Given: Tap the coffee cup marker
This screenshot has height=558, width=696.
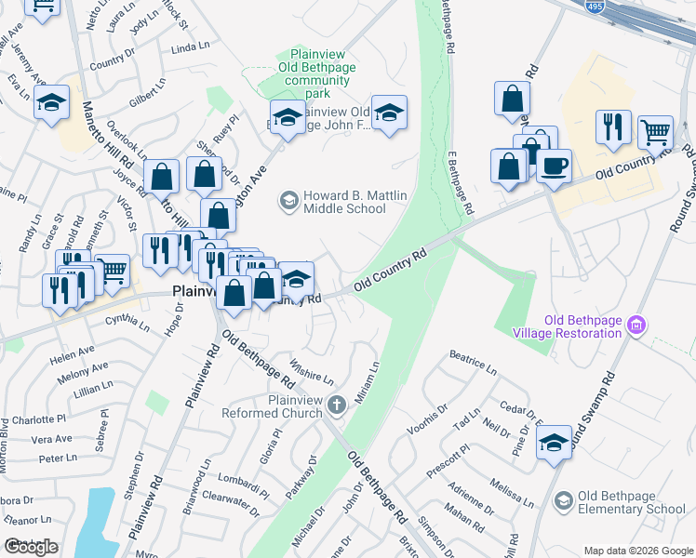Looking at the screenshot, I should click(x=555, y=166).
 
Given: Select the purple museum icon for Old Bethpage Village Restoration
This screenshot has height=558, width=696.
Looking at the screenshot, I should click(x=636, y=325).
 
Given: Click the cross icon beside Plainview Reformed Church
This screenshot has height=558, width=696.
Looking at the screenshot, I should click(x=337, y=405).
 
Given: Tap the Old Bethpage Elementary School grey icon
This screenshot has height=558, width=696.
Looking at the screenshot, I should click(x=563, y=502).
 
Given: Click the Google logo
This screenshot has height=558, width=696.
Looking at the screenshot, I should click(x=32, y=547).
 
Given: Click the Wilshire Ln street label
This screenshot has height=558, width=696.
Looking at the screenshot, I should click(x=312, y=371).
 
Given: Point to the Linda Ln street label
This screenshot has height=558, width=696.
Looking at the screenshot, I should click(x=191, y=47).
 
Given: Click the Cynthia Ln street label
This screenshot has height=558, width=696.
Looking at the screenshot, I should click(x=127, y=323).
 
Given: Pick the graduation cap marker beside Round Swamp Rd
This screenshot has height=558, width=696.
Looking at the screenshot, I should click(x=554, y=445).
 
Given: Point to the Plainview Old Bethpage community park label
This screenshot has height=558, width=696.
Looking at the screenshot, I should click(x=319, y=74).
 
